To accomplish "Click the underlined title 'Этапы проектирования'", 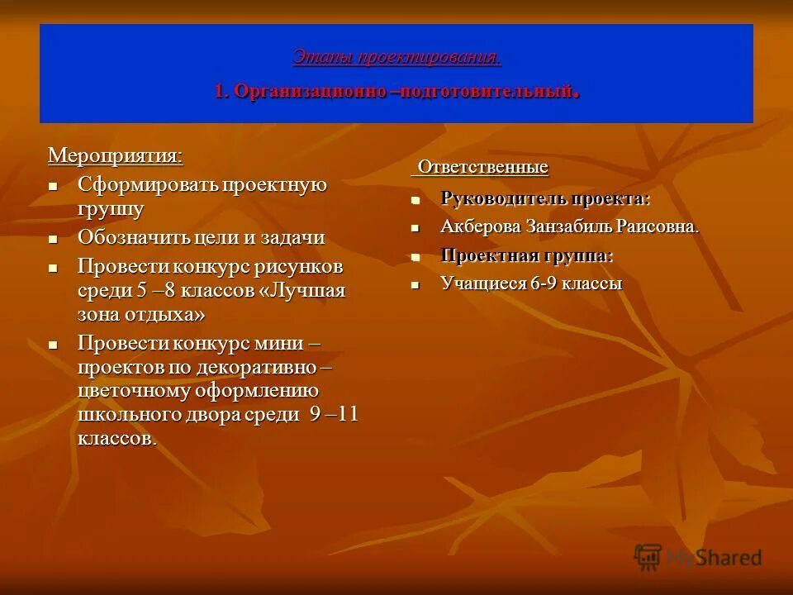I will click(396, 57).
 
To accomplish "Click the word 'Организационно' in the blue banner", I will click(309, 92).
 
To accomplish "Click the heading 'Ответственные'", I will click(482, 167).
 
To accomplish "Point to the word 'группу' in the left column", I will click(111, 209).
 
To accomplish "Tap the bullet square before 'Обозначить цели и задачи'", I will click(54, 239).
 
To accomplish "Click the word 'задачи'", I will click(294, 238).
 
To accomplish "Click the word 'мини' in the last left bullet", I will click(291, 342).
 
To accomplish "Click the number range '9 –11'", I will click(334, 414).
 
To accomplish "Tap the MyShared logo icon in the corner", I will click(648, 557).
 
